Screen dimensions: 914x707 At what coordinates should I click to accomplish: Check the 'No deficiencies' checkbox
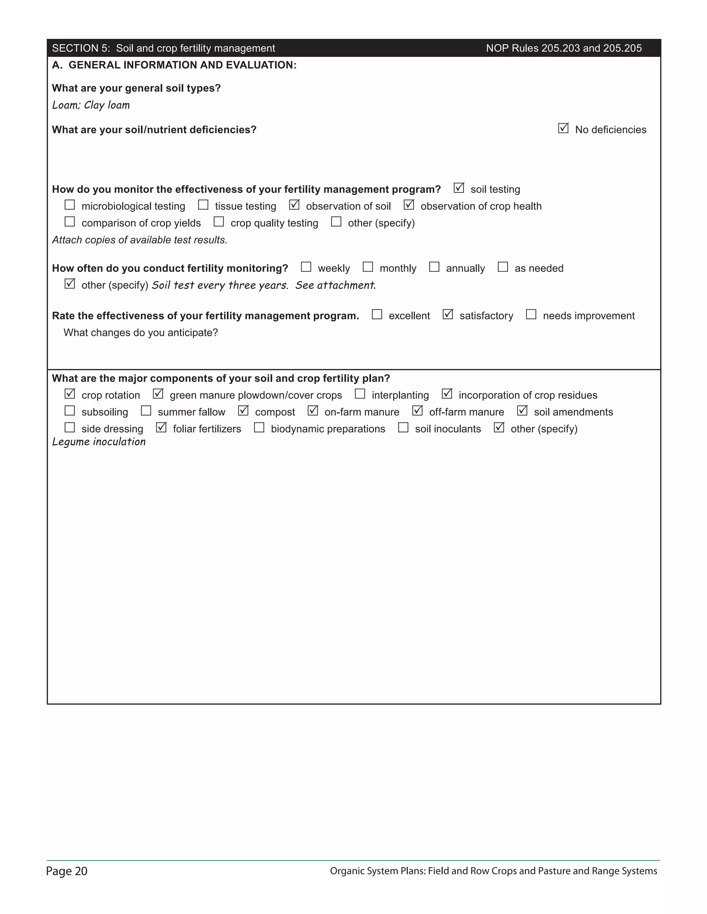coord(563,129)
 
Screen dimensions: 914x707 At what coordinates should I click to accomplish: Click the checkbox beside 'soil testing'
coord(459,188)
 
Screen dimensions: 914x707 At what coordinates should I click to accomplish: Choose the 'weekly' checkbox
coord(306,267)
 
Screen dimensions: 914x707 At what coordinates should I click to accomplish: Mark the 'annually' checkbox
coord(434,267)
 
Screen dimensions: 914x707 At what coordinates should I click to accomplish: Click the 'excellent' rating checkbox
coord(377,314)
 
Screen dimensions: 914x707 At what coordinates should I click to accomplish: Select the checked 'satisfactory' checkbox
coord(448,314)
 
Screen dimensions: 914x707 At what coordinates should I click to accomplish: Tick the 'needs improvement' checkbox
coord(531,314)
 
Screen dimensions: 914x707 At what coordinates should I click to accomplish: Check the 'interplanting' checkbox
coord(360,394)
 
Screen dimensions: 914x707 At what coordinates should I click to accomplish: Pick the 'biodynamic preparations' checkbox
coord(259,427)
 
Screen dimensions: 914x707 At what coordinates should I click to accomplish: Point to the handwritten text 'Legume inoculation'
coord(99,442)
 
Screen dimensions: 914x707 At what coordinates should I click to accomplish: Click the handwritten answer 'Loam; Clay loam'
coord(91,105)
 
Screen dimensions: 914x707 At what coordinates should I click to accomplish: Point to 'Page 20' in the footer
coord(67,871)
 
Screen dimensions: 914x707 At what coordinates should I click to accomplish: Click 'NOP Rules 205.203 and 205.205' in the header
coord(564,48)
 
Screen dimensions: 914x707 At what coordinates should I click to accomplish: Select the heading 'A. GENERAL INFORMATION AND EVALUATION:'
coord(174,65)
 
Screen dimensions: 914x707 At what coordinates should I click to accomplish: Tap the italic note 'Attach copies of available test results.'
coord(139,240)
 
